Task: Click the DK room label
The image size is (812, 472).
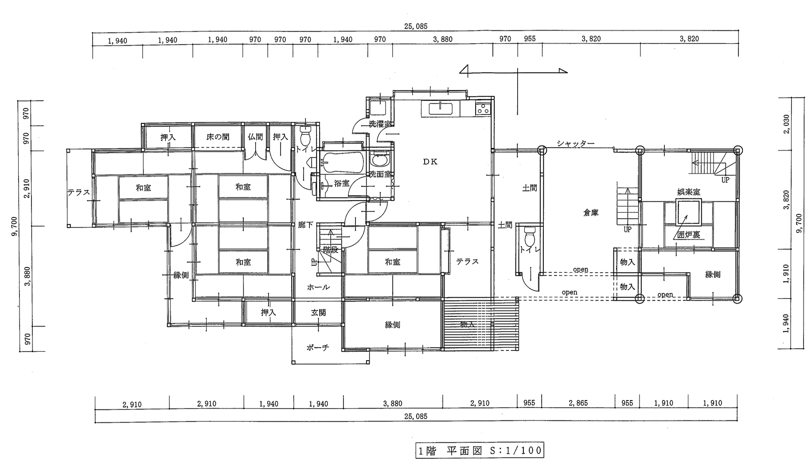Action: click(x=430, y=162)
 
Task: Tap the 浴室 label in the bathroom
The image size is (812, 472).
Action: click(x=342, y=183)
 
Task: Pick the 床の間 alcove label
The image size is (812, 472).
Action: click(x=218, y=137)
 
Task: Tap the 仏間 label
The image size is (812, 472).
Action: click(x=255, y=137)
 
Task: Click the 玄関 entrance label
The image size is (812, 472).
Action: click(x=318, y=313)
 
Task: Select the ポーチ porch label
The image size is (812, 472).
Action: click(x=318, y=347)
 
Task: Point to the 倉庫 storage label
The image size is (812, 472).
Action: click(x=591, y=213)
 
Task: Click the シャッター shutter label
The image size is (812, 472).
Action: click(x=575, y=143)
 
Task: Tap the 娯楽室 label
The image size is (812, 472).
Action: click(x=689, y=192)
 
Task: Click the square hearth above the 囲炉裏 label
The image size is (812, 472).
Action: click(x=688, y=213)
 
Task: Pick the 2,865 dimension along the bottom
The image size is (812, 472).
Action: click(x=579, y=403)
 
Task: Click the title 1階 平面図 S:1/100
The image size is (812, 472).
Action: click(x=480, y=451)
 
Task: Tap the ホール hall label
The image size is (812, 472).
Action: click(x=318, y=287)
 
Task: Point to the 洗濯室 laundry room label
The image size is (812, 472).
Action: click(x=380, y=124)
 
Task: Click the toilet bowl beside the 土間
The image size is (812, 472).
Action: click(x=529, y=237)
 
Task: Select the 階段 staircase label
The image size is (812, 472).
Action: click(x=331, y=251)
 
